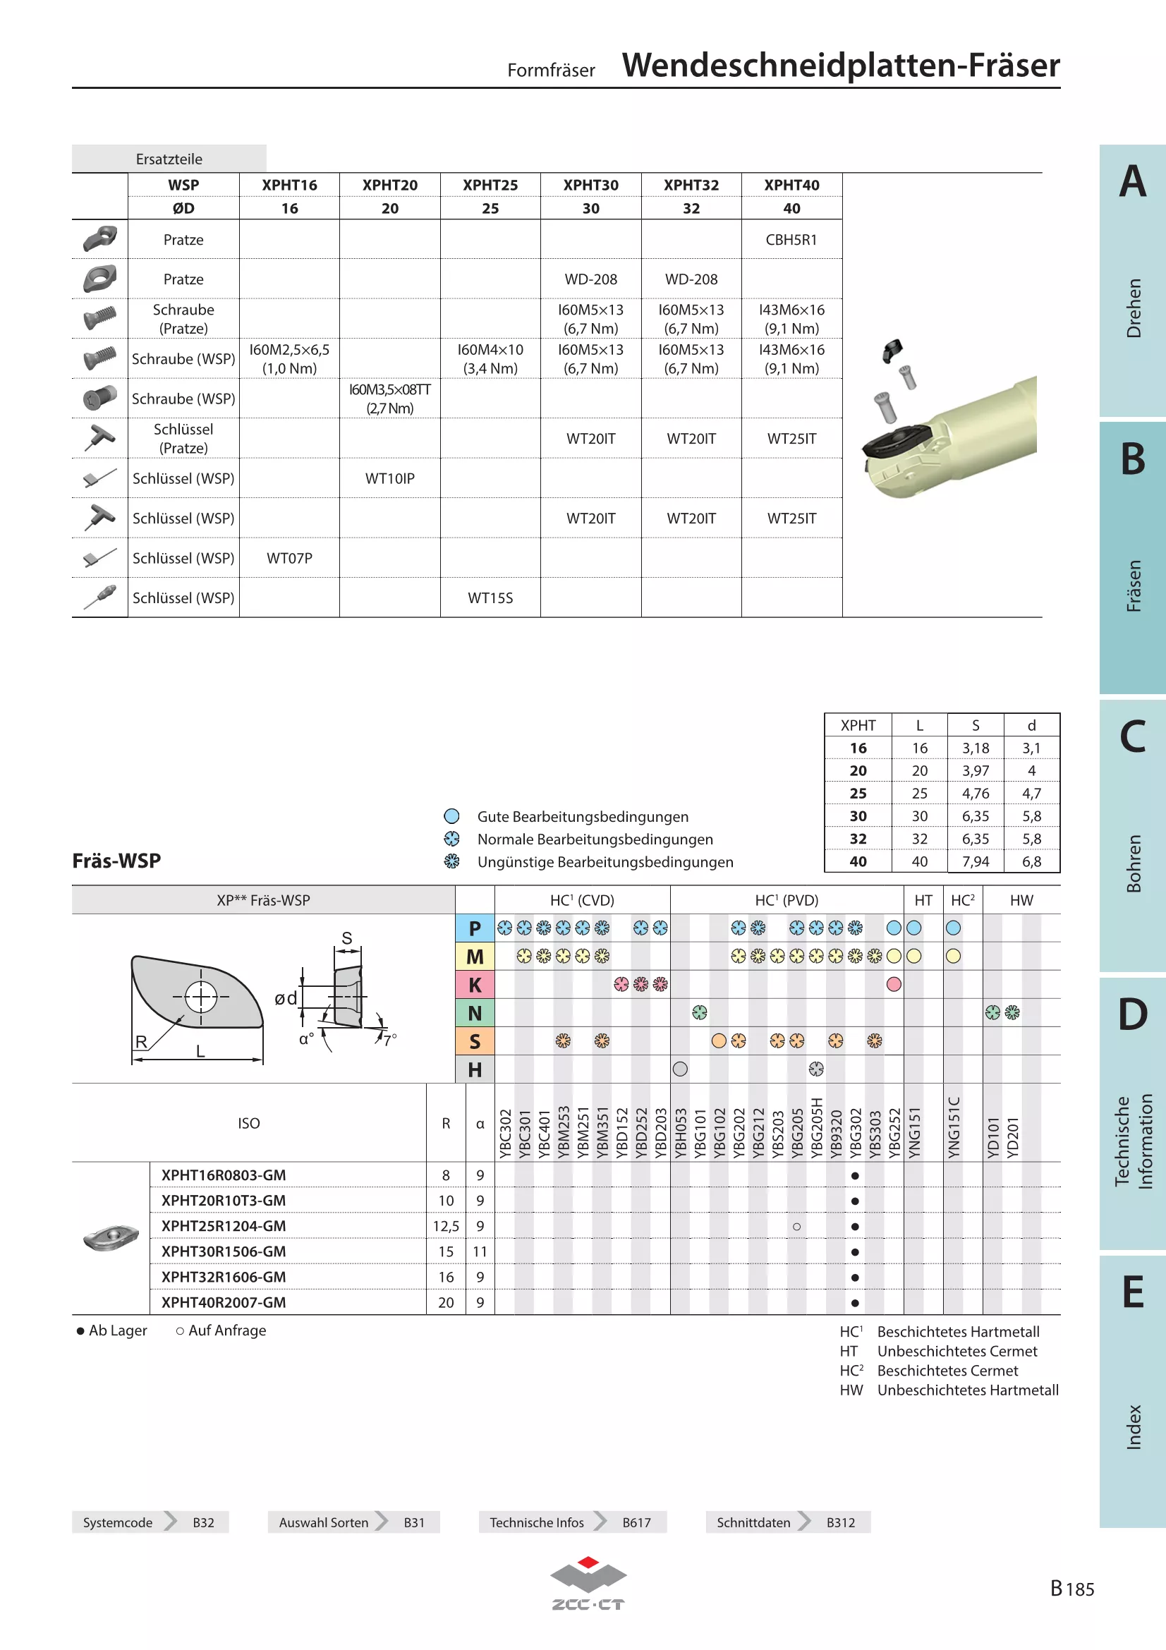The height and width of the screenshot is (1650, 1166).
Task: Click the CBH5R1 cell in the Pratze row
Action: point(791,239)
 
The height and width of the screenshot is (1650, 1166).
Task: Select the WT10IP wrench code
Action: point(389,478)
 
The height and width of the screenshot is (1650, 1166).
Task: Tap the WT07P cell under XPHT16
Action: point(289,559)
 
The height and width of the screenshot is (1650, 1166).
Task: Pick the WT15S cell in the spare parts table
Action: point(490,598)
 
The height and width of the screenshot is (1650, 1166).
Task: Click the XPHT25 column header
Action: point(490,185)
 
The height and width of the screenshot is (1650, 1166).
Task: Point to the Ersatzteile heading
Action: point(169,159)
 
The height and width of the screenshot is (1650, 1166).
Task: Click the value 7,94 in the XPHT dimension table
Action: point(976,861)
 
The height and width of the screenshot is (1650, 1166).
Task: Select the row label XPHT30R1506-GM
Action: point(224,1251)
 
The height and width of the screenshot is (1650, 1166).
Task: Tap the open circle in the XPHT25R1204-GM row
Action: point(796,1227)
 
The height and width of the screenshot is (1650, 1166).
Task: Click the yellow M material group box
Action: point(475,957)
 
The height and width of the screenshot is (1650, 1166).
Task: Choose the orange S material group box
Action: point(475,1041)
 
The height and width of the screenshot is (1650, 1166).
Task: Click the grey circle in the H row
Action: point(681,1069)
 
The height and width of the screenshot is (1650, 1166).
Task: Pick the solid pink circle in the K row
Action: point(894,985)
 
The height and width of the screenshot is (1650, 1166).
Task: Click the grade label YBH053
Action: point(681,1134)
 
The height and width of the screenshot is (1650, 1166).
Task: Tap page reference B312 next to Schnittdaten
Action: point(841,1522)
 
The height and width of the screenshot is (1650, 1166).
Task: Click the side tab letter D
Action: point(1133,1013)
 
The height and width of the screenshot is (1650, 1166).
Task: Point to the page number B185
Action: point(1072,1588)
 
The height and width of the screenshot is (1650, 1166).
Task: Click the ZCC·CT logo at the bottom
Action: point(588,1583)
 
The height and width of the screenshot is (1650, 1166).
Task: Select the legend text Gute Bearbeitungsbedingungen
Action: point(583,816)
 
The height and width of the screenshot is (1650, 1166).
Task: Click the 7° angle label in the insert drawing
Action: point(389,1040)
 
